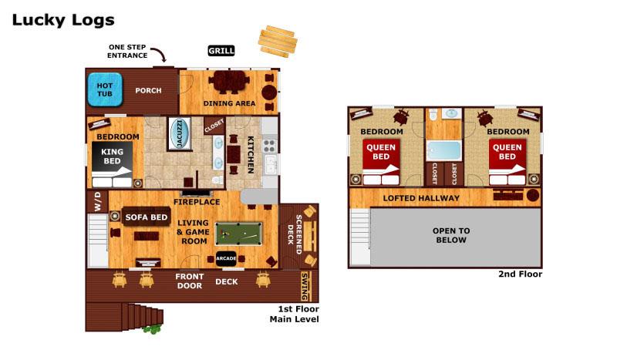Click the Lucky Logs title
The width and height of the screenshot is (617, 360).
click(63, 20)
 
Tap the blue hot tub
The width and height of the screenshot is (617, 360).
click(105, 89)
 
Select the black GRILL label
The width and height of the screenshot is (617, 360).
click(221, 51)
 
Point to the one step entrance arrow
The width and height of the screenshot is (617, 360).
click(160, 55)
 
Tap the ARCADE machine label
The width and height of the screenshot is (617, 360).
click(226, 258)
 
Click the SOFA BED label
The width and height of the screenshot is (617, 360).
click(147, 217)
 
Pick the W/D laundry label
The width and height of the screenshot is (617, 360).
click(98, 202)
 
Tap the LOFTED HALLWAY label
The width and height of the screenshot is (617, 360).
click(421, 199)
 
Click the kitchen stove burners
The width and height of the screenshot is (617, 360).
click(270, 144)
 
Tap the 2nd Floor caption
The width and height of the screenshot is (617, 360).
click(521, 274)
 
